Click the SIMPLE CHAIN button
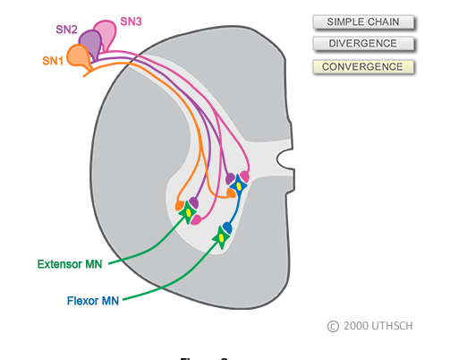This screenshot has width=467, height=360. point(363,21)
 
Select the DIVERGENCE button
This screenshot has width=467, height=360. point(363,44)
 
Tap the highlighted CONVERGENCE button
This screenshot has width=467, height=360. point(363,66)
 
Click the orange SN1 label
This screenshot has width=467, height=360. point(53,61)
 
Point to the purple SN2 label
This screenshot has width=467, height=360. point(67,30)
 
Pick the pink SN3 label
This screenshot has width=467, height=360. point(132,20)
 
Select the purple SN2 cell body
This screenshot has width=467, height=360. point(90,40)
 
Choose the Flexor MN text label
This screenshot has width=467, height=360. point(93,301)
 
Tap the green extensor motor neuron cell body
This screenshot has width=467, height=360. point(190,211)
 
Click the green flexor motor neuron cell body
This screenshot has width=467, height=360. point(221,237)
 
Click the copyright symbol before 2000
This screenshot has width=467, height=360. point(333,327)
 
